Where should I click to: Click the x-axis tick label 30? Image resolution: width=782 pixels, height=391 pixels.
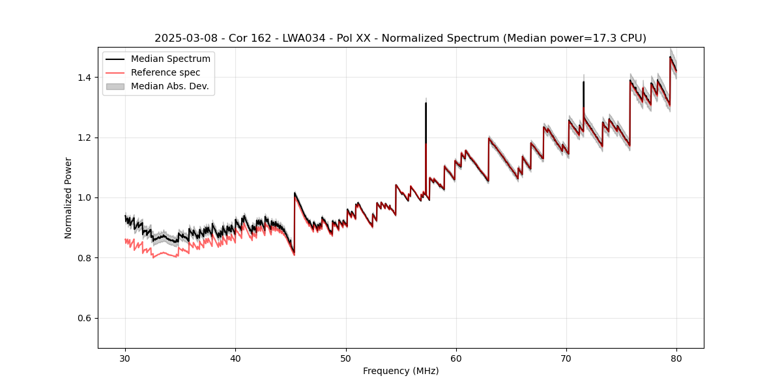125,358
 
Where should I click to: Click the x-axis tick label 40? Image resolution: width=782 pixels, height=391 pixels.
235,358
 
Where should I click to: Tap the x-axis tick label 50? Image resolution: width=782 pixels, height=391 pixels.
346,358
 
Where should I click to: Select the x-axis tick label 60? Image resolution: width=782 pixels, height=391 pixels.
456,358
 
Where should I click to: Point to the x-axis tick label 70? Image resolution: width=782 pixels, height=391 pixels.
566,358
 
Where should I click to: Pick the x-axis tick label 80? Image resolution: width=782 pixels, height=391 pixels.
676,358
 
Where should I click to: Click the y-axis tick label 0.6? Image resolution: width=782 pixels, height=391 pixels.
84,318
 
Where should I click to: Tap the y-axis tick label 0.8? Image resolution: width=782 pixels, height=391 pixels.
84,258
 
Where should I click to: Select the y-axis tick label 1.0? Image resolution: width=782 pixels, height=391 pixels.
84,197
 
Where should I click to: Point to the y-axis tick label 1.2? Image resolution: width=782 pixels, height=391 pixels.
84,138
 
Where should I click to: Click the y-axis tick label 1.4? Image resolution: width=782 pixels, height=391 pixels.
84,78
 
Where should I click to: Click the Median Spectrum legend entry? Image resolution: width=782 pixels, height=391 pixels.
170,59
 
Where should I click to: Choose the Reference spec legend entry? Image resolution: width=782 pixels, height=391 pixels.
166,72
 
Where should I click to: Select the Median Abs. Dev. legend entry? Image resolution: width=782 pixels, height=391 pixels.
169,86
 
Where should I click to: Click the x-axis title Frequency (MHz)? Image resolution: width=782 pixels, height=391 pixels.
401,371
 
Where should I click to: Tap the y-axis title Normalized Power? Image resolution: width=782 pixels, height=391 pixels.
68,197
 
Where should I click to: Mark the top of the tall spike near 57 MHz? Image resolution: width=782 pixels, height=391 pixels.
426,103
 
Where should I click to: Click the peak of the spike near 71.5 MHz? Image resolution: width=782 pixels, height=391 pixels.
583,82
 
